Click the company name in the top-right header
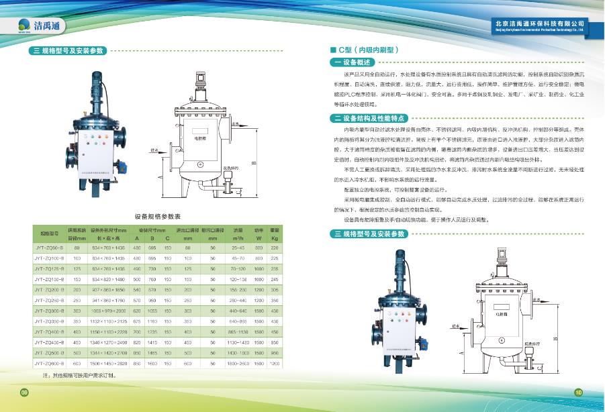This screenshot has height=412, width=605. pyautogui.click(x=537, y=23)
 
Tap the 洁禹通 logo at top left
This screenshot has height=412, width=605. pyautogui.click(x=37, y=26)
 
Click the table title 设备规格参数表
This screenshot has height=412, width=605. pyautogui.click(x=158, y=217)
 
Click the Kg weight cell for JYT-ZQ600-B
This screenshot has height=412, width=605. pyautogui.click(x=274, y=363)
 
